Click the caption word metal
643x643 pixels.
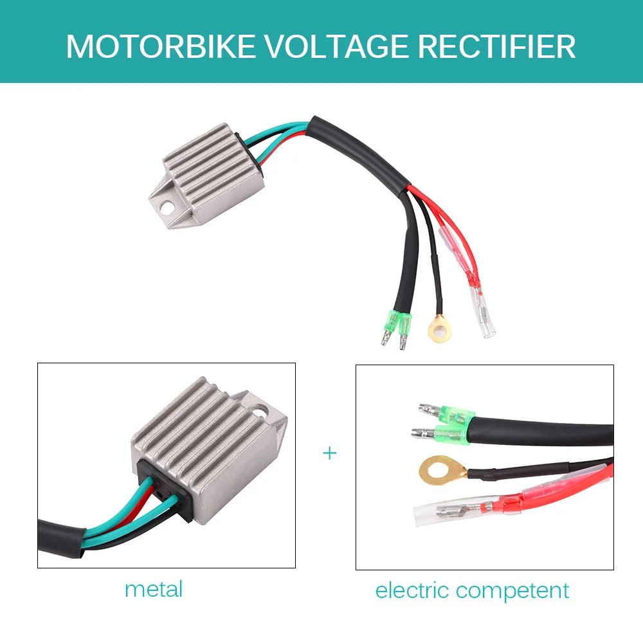154,589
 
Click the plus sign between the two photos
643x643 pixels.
329,453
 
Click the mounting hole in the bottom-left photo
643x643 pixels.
261,408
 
